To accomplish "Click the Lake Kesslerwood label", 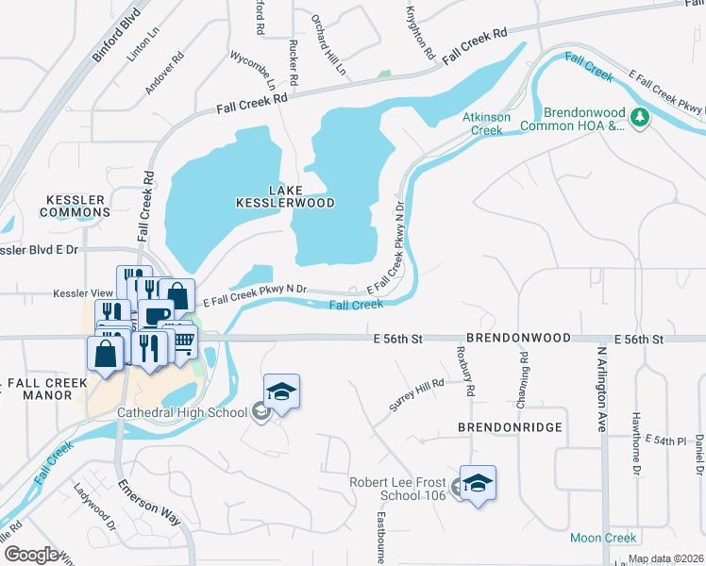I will point(288,195).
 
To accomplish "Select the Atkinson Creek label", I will point(486,124).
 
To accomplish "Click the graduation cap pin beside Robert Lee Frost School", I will point(479,483).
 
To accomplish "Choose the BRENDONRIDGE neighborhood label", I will point(510,427).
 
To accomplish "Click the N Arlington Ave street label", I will point(599,388).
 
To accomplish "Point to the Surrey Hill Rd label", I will point(416,396).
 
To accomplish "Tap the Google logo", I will point(31,555).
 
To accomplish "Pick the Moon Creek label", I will point(604,538).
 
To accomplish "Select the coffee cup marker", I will point(158,314).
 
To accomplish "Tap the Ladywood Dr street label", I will point(93,505).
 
